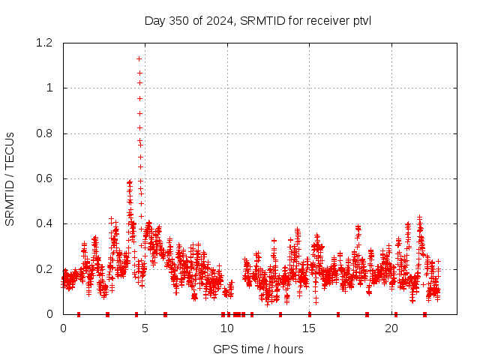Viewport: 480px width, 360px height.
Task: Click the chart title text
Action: tap(257, 19)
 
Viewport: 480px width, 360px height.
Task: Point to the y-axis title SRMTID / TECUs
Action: tap(10, 178)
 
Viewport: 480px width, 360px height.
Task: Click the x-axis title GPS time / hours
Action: tap(257, 349)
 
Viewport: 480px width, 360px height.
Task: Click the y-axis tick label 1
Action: tap(50, 88)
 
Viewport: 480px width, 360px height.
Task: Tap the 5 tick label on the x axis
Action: tap(145, 328)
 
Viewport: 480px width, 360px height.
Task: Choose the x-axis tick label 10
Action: tap(227, 328)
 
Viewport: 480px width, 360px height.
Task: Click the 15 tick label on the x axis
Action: tap(309, 328)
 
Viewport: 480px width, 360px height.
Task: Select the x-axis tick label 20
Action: tap(391, 328)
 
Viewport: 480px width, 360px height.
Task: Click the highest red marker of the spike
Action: tap(139, 58)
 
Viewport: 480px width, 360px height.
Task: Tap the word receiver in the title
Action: tap(325, 19)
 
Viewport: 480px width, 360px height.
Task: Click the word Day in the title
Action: tap(154, 19)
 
